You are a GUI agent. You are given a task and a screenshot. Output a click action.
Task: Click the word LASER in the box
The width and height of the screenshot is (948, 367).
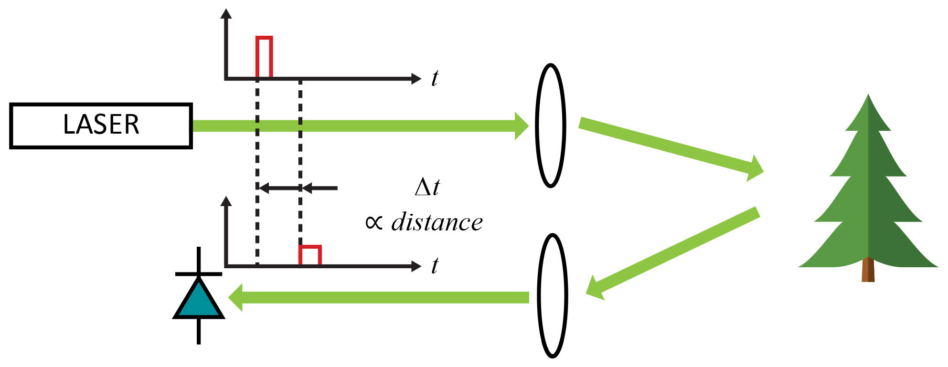point(101,125)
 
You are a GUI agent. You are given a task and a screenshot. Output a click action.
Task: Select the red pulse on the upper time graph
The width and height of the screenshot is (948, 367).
point(264,57)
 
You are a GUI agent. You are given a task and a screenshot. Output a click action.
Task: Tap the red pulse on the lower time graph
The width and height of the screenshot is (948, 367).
point(310,255)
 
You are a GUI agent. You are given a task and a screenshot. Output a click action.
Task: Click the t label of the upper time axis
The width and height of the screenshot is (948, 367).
point(435,78)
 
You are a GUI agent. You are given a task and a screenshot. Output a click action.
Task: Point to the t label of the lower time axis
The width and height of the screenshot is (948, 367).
point(435,266)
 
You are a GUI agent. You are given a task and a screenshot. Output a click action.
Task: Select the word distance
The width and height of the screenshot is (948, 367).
point(437,222)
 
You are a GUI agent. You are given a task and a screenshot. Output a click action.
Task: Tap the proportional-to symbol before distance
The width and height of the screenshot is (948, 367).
point(374,222)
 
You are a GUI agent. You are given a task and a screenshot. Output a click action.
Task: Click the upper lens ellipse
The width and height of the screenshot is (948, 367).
point(551,125)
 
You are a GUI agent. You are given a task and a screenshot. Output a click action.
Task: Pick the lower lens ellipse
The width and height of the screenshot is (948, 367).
point(553,295)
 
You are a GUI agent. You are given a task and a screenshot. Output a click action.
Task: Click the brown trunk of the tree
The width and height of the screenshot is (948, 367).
point(868,270)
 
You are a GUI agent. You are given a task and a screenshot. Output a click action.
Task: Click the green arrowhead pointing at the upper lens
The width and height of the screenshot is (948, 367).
point(521,126)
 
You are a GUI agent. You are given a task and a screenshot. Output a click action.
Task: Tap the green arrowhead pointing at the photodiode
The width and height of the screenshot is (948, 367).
point(236,297)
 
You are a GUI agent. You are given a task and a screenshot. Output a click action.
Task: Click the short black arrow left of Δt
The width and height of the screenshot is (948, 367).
point(320,188)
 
